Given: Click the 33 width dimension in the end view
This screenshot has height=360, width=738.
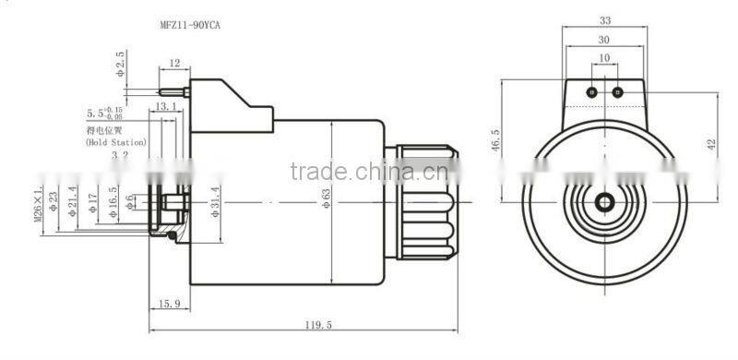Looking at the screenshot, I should [604, 20].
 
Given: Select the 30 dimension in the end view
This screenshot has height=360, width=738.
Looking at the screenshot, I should [604, 40].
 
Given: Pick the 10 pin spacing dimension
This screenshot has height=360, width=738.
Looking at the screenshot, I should [604, 58].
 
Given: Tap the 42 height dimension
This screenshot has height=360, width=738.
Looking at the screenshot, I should [710, 145].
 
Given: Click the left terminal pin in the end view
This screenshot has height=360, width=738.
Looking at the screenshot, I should [592, 92].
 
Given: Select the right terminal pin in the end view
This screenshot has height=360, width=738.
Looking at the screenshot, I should [617, 92].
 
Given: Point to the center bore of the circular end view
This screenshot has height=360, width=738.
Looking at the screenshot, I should [604, 202].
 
